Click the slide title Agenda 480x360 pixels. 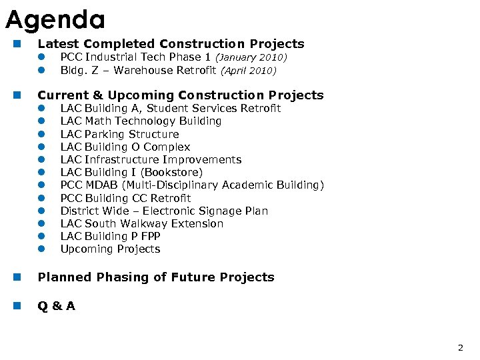click(55, 20)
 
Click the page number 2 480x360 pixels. click(460, 347)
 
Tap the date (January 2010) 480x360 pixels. click(250, 58)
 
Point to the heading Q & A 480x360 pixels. click(57, 306)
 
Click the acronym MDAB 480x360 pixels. click(101, 185)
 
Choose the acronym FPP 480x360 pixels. click(148, 236)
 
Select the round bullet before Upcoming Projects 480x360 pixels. click(41, 249)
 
